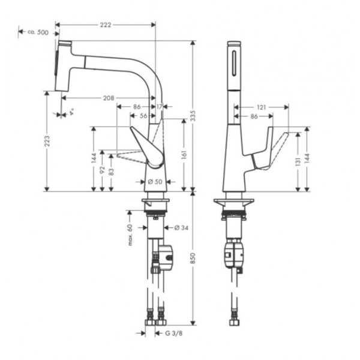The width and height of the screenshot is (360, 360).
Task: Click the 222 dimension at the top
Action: click(x=105, y=25)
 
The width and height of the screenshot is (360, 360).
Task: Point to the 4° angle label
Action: click(x=71, y=112)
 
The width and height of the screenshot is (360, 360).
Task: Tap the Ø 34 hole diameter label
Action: click(x=182, y=227)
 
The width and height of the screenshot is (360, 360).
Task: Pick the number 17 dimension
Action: click(x=159, y=106)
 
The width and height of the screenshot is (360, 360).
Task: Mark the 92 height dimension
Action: click(x=103, y=170)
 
